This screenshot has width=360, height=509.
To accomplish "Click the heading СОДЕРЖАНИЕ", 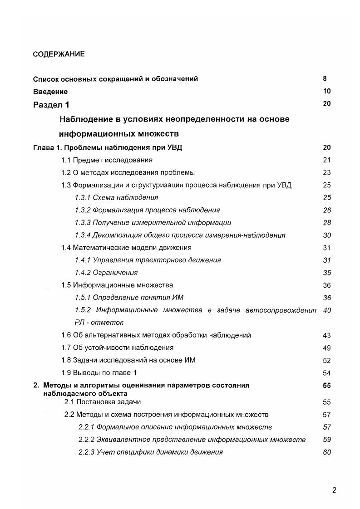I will (59, 54).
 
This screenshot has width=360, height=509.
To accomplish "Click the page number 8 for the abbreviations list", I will (325, 78).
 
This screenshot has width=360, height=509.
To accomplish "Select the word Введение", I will (50, 92).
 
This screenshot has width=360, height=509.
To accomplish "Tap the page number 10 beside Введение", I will (327, 91).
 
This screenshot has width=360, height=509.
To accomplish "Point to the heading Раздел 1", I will (51, 105).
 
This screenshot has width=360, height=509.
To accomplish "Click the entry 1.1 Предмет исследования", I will (107, 160).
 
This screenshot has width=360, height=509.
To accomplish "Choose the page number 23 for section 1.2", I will (327, 172).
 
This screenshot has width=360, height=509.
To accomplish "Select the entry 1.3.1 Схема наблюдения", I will (116, 198).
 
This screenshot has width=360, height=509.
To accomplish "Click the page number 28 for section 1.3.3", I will (327, 223).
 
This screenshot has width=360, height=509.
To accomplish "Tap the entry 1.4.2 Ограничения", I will (106, 273).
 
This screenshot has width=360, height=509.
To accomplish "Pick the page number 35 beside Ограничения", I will (327, 273).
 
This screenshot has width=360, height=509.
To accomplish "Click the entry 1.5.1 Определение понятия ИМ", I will (129, 298).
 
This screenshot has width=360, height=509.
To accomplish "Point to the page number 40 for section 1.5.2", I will (327, 310).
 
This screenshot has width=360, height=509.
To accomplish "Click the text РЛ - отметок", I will (99, 323).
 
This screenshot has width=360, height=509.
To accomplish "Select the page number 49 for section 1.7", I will (327, 347).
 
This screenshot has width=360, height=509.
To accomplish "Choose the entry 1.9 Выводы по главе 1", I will (99, 372).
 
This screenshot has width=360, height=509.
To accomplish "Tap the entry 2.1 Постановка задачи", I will (103, 402).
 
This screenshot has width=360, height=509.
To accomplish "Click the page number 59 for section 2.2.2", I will (327, 440).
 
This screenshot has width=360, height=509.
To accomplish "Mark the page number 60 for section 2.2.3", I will (327, 452).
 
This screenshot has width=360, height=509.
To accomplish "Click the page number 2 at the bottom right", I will (334, 490).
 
